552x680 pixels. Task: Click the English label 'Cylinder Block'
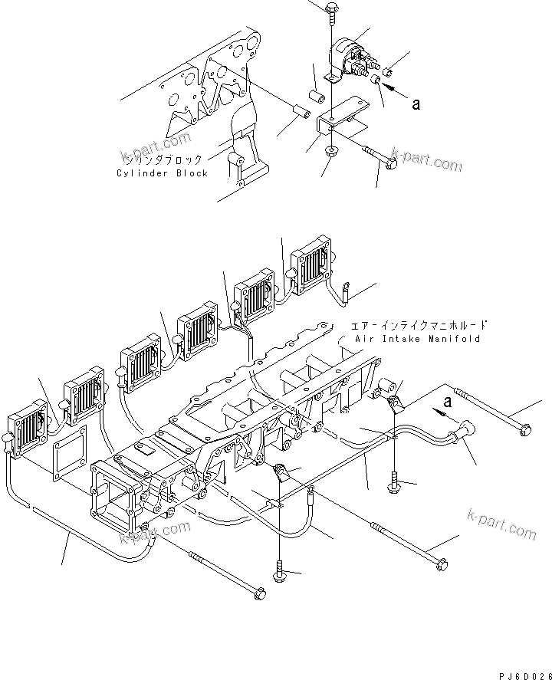(162, 173)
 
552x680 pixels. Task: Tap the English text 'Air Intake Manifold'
(418, 338)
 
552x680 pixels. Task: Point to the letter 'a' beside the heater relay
(416, 105)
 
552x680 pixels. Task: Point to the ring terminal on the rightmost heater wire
(347, 288)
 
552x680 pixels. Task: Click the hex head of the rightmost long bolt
(523, 430)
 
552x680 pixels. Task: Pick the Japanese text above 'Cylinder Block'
(162, 160)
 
